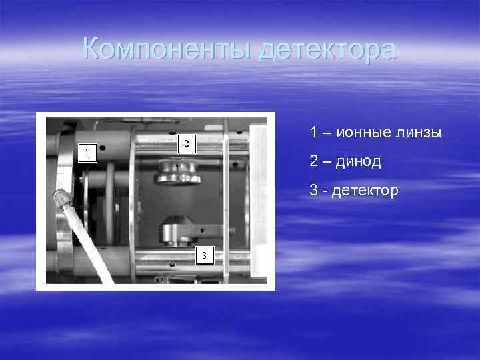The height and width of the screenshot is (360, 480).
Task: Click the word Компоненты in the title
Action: point(167,49)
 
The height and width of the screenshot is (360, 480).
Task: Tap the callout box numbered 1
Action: point(85,152)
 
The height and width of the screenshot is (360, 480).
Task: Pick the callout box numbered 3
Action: point(204,255)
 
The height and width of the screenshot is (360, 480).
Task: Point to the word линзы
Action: point(421,132)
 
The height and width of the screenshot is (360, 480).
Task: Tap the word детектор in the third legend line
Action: point(365,191)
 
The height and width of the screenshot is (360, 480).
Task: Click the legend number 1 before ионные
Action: point(313,132)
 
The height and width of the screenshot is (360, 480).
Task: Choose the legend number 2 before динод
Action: point(314,162)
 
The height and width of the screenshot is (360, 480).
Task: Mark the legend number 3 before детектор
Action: point(314,191)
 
